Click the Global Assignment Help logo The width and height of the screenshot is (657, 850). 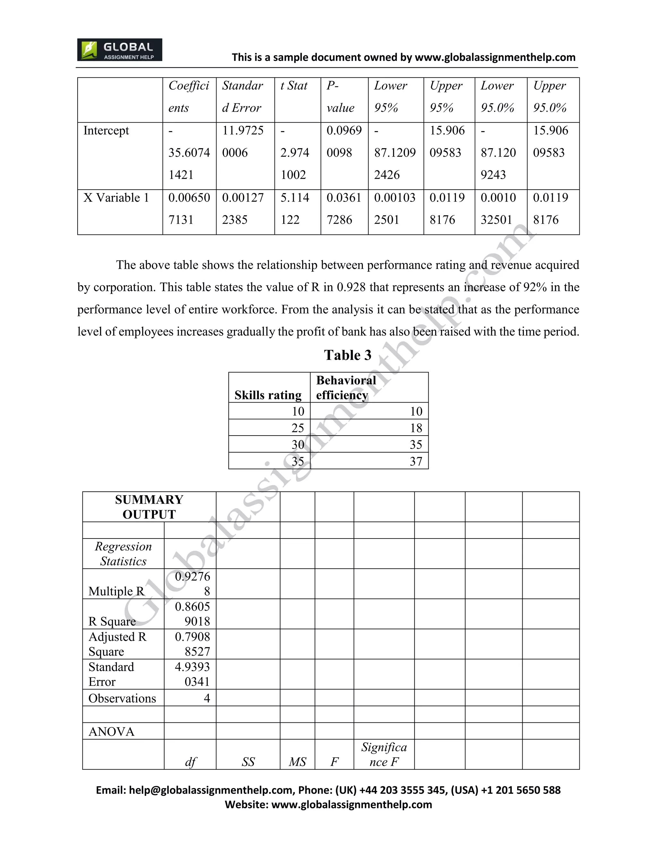click(119, 50)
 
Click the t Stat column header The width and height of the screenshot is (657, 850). click(294, 86)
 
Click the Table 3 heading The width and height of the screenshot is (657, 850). click(347, 355)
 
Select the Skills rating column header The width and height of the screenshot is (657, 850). click(268, 395)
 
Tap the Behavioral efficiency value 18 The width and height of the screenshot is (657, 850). click(416, 428)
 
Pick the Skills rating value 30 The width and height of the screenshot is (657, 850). click(298, 445)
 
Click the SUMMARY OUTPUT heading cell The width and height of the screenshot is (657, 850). click(149, 507)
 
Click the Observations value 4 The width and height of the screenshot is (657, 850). click(207, 698)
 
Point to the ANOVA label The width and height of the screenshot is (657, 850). click(111, 732)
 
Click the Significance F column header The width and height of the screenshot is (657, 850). click(384, 754)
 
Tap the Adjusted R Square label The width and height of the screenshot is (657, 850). click(117, 644)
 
